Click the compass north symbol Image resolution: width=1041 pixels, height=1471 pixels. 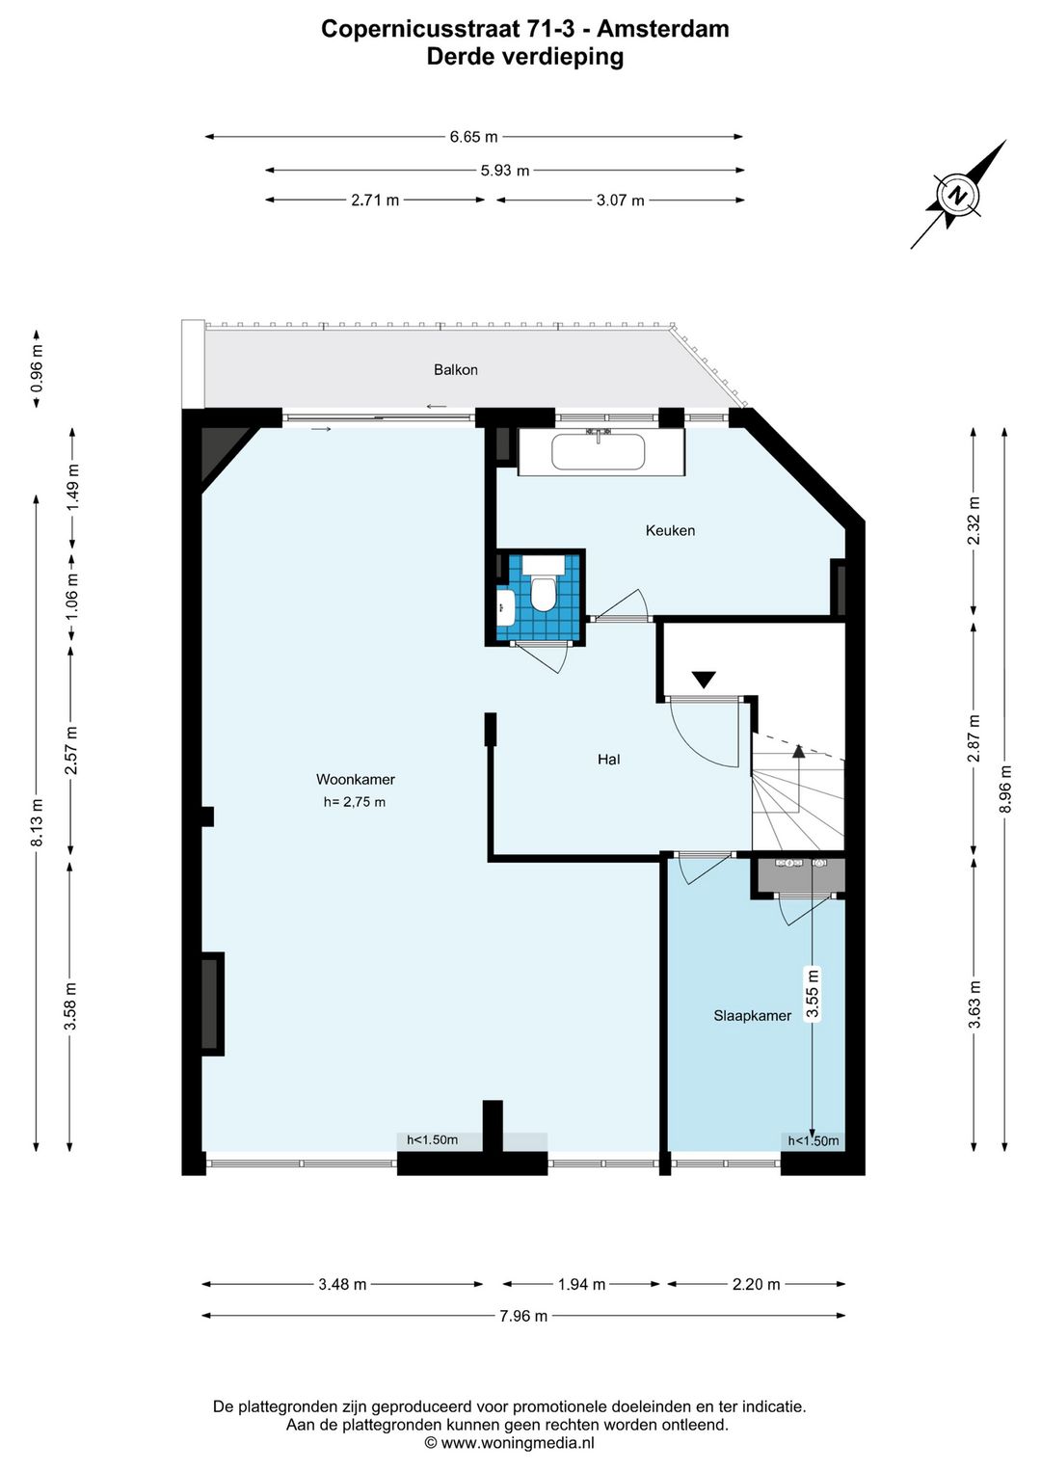[957, 195]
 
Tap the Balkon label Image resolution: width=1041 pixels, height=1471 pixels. [455, 370]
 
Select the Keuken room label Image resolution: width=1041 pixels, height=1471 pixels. [670, 530]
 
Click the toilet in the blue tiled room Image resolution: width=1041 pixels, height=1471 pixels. [544, 593]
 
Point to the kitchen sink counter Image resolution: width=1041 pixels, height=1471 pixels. [600, 451]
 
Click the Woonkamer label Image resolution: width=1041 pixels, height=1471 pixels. [356, 780]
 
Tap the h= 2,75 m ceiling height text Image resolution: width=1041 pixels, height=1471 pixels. [355, 802]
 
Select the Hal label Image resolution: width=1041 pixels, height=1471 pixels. [608, 760]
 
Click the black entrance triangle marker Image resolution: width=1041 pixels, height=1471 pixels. [704, 680]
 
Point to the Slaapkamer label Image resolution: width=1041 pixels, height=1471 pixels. [752, 1015]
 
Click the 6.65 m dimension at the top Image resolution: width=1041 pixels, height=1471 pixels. [473, 137]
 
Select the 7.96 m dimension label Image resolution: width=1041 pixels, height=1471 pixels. [522, 1316]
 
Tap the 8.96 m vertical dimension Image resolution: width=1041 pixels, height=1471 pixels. [1005, 789]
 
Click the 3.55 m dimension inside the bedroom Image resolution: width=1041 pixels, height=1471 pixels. [813, 993]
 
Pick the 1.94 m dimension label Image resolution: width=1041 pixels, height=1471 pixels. [581, 1284]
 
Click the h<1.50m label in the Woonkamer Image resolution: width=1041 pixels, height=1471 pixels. [432, 1140]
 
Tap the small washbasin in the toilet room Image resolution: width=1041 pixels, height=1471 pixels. [505, 607]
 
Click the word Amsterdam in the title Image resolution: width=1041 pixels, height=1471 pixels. [663, 29]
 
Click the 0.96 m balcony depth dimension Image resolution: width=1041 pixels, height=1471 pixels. [37, 368]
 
